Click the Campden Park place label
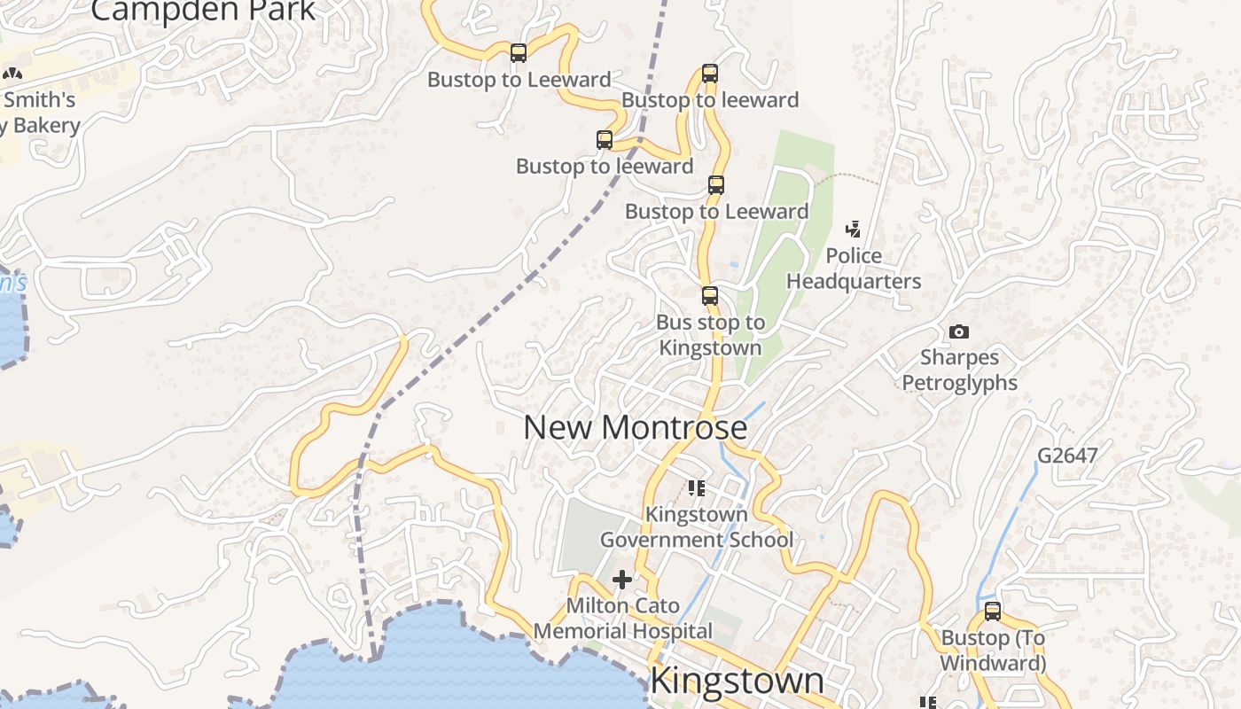[x=203, y=11]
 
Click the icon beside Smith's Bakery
[x=12, y=74]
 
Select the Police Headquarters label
[x=854, y=269]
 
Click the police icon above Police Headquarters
[x=853, y=230]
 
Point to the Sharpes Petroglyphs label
[x=959, y=370]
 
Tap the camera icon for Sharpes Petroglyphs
[x=958, y=332]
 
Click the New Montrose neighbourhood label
[x=635, y=427]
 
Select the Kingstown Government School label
[x=697, y=526]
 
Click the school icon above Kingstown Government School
[x=697, y=487]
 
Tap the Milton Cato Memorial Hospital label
[x=622, y=619]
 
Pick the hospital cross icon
[x=622, y=580]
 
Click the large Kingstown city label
[x=737, y=681]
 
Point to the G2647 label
[x=1067, y=456]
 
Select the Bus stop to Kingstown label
[x=710, y=335]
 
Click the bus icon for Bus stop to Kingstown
[x=709, y=296]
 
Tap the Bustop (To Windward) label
[x=993, y=651]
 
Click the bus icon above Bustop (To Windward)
[x=993, y=612]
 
